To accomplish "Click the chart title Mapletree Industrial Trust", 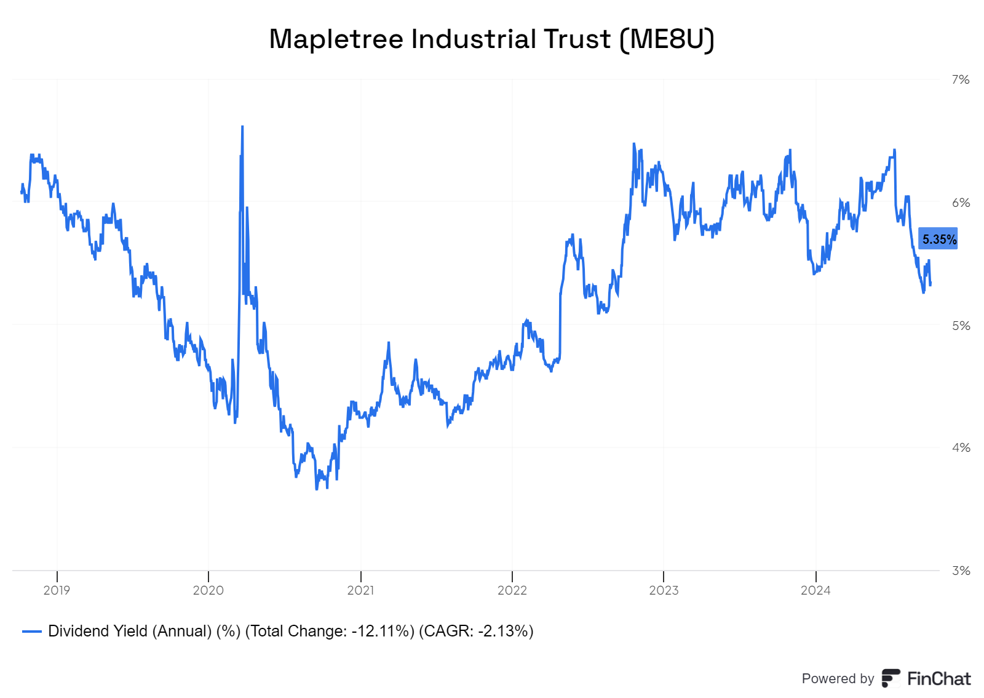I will [x=440, y=39].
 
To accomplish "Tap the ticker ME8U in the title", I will [x=667, y=39].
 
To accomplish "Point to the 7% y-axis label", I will [x=960, y=79].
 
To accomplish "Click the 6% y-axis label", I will [x=960, y=203].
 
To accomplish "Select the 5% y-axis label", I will [x=960, y=325].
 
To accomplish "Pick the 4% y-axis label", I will [x=960, y=447].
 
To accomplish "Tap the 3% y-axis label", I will [x=960, y=571].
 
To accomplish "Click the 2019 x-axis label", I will [x=57, y=590].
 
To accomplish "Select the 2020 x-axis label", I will [x=208, y=590].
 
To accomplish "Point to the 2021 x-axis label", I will [x=360, y=590].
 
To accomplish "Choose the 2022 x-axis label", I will [x=512, y=590].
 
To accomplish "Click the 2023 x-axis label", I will [x=664, y=590].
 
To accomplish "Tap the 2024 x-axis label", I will [x=815, y=590].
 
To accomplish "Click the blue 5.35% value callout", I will [x=938, y=239].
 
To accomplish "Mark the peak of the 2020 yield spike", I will [x=242, y=127].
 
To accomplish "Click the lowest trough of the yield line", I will [x=317, y=489].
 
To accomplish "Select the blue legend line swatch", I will [x=31, y=632].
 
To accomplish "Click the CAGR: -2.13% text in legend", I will [x=476, y=632].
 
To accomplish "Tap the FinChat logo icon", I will [x=891, y=678].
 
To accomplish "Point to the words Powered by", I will [x=838, y=678].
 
